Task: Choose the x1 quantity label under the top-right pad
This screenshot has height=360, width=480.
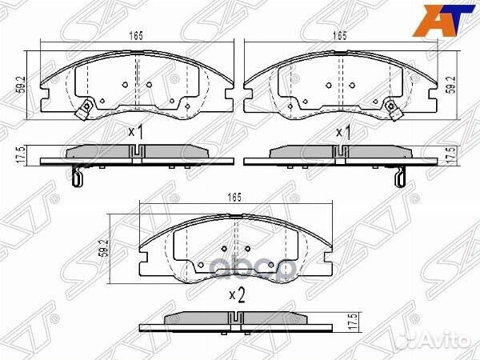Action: pos(344,132)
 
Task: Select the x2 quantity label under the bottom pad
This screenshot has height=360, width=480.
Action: pos(237,296)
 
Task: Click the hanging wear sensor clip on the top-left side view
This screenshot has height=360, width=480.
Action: pos(77,176)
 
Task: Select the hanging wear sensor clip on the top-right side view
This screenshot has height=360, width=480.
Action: pos(400,176)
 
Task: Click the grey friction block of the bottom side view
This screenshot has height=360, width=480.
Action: pos(236,318)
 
